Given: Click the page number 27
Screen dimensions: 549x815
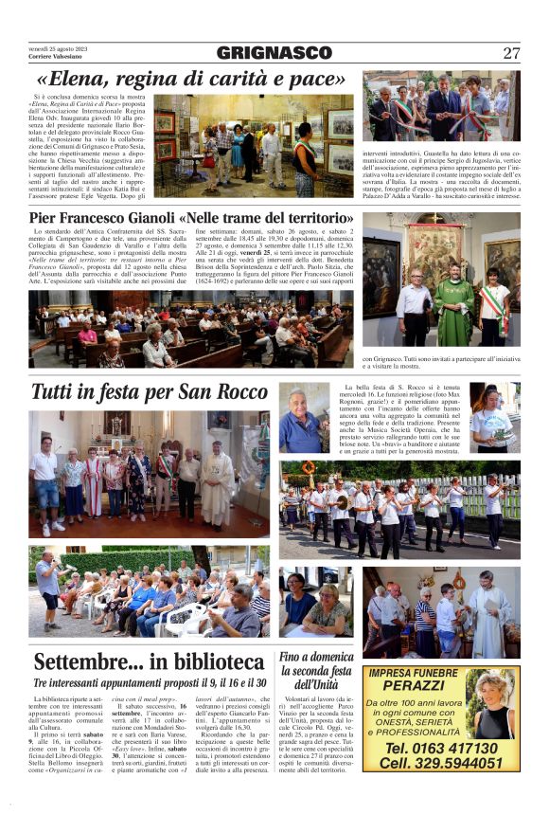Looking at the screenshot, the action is coord(511,53).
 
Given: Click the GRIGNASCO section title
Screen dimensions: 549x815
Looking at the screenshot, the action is coord(274,53).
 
